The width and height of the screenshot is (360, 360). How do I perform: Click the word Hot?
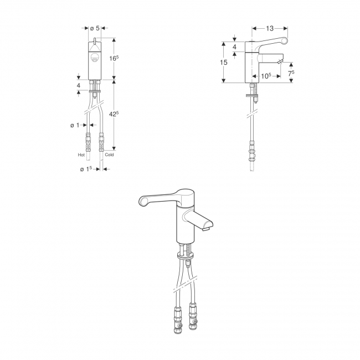81,155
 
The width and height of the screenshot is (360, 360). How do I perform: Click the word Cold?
109,155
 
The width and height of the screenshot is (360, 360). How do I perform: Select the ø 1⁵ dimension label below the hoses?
86,169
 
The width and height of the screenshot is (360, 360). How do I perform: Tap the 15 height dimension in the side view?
224,63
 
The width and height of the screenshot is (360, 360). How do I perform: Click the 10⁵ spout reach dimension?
265,76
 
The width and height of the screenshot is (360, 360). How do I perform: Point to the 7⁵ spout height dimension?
291,73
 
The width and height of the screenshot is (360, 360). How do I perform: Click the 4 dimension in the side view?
234,47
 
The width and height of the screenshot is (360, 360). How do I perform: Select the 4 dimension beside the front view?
79,86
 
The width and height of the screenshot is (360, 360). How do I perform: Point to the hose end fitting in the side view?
253,152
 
